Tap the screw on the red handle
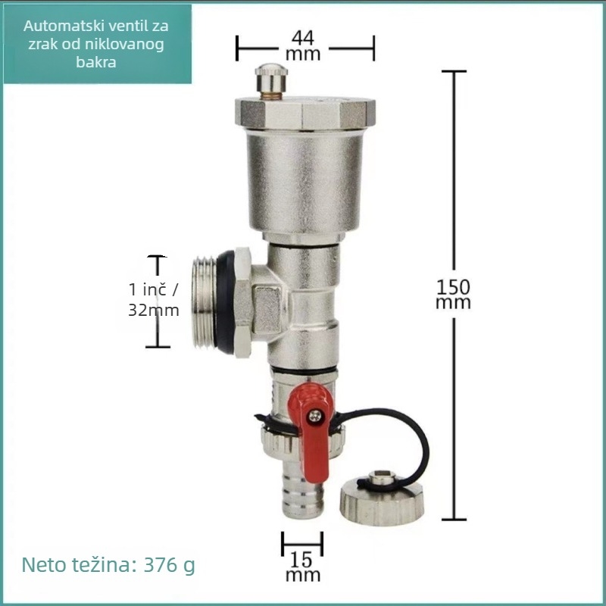[x=315, y=416]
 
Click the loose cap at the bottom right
[x=382, y=498]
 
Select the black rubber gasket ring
[x=225, y=301]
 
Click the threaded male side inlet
[x=205, y=301]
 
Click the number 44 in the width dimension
[x=303, y=38]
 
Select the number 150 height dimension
[x=453, y=287]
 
